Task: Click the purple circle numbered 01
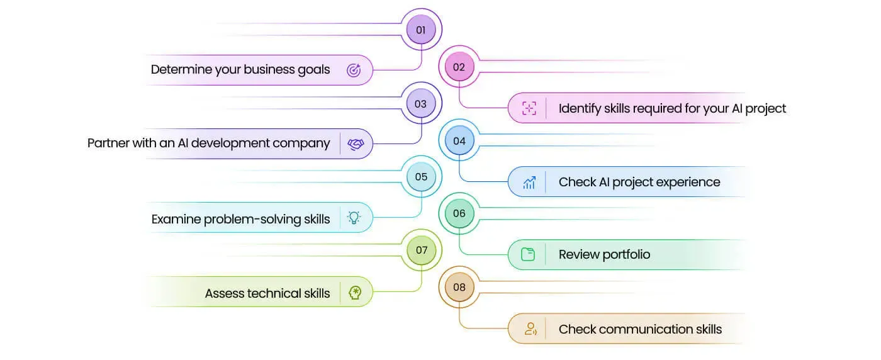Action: pyautogui.click(x=421, y=30)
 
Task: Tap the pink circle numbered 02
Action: pyautogui.click(x=459, y=67)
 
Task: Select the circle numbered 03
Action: pyautogui.click(x=421, y=103)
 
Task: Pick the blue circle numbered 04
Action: pyautogui.click(x=459, y=140)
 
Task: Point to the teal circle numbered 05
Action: pyautogui.click(x=421, y=177)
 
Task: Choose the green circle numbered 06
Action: pyautogui.click(x=459, y=213)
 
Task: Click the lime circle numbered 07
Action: pyautogui.click(x=421, y=250)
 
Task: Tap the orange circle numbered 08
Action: pyautogui.click(x=459, y=287)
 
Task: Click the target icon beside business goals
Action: pyautogui.click(x=354, y=70)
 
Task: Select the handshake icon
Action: pyautogui.click(x=356, y=144)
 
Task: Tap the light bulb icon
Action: pyautogui.click(x=354, y=218)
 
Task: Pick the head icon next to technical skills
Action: pyautogui.click(x=355, y=293)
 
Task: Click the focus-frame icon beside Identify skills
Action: pyautogui.click(x=529, y=108)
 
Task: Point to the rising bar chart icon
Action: pyautogui.click(x=529, y=183)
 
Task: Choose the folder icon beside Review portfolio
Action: pyautogui.click(x=528, y=254)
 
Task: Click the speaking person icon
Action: pyautogui.click(x=530, y=329)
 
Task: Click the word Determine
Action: pyautogui.click(x=181, y=69)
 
